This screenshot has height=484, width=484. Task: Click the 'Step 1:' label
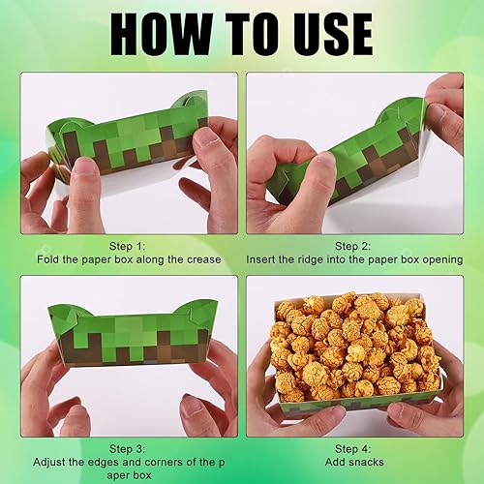(127, 246)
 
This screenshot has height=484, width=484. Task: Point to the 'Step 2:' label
(353, 246)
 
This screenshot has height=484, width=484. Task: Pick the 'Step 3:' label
(127, 449)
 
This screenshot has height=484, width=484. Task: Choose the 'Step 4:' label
(353, 449)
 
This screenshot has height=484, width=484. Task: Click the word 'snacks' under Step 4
(365, 462)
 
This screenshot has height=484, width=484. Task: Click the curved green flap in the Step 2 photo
(400, 111)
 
